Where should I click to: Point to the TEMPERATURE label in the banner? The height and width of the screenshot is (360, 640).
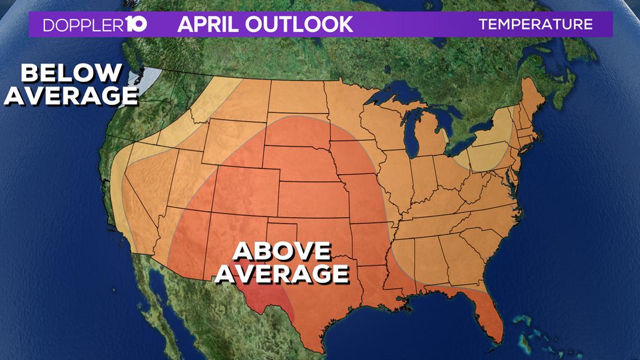[x=536, y=25]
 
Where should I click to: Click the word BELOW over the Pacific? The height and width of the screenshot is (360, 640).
[x=71, y=73]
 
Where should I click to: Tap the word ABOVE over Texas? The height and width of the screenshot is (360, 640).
[x=282, y=252]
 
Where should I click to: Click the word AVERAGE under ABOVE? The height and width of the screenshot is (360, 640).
[x=282, y=274]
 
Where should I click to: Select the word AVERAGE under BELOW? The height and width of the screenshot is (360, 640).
[x=71, y=95]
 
